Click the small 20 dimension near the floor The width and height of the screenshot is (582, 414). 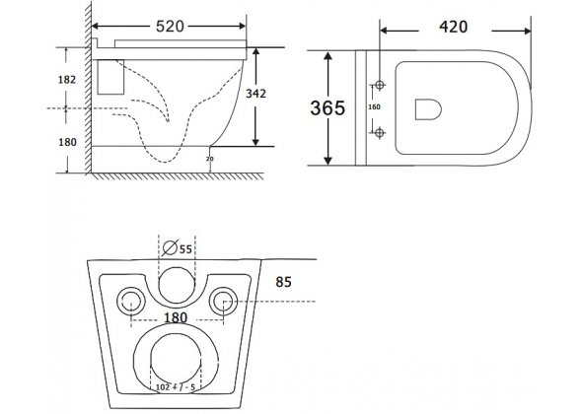(x=209, y=158)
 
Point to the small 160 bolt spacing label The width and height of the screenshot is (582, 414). (x=373, y=107)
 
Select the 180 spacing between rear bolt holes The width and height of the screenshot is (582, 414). (x=177, y=317)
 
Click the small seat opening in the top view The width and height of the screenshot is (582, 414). (x=426, y=107)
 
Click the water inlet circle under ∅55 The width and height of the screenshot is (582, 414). (x=177, y=282)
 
